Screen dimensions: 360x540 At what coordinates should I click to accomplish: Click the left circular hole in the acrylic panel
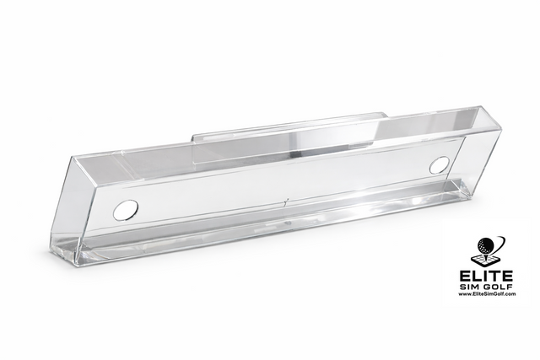pos(126,207)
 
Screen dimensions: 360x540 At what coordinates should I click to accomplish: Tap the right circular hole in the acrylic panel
pos(438,165)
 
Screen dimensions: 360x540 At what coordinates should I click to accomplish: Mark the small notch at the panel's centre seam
pos(287,202)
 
